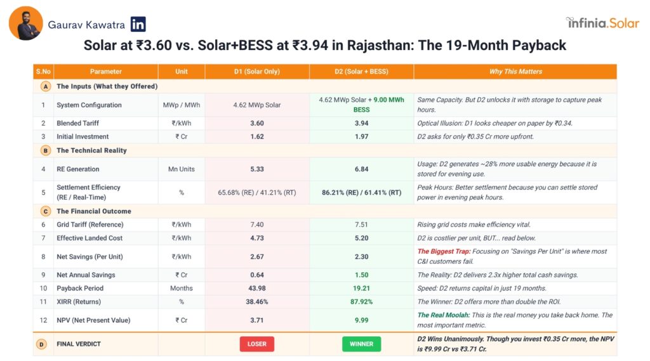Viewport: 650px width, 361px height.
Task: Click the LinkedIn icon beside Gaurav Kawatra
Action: [x=138, y=25]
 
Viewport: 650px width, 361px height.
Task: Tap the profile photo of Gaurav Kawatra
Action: [x=26, y=24]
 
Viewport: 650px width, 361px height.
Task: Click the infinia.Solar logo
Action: [x=602, y=23]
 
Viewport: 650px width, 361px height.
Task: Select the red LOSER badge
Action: [x=256, y=344]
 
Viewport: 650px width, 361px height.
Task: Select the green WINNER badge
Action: [x=361, y=344]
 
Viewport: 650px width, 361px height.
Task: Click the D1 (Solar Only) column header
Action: [x=256, y=72]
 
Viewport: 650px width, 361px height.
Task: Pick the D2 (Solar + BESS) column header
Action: [x=361, y=72]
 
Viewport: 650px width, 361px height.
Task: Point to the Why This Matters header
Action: [x=515, y=72]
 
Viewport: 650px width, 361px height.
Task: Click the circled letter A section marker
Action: [x=45, y=86]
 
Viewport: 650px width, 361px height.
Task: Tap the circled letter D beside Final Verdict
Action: [x=43, y=344]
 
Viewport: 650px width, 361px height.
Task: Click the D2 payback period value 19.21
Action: [x=361, y=288]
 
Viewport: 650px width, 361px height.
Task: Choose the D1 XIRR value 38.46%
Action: [x=256, y=301]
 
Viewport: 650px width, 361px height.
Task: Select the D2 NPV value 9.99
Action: [x=361, y=320]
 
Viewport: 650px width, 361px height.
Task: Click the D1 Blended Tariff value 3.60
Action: [x=256, y=123]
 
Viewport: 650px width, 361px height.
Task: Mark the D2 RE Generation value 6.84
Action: [x=361, y=169]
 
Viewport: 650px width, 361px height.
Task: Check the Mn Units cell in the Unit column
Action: [x=181, y=169]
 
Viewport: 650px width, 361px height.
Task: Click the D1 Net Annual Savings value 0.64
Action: [x=256, y=275]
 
